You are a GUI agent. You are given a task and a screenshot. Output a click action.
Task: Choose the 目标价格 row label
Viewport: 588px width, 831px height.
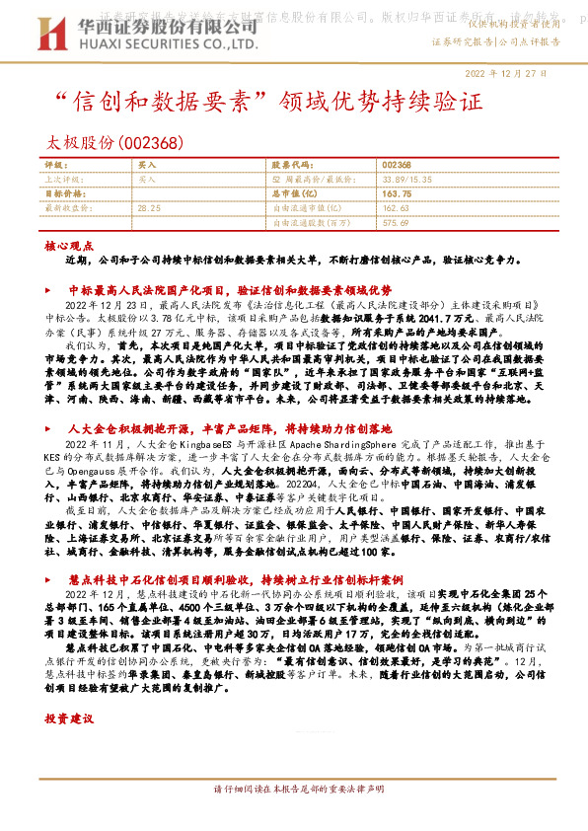66,194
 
